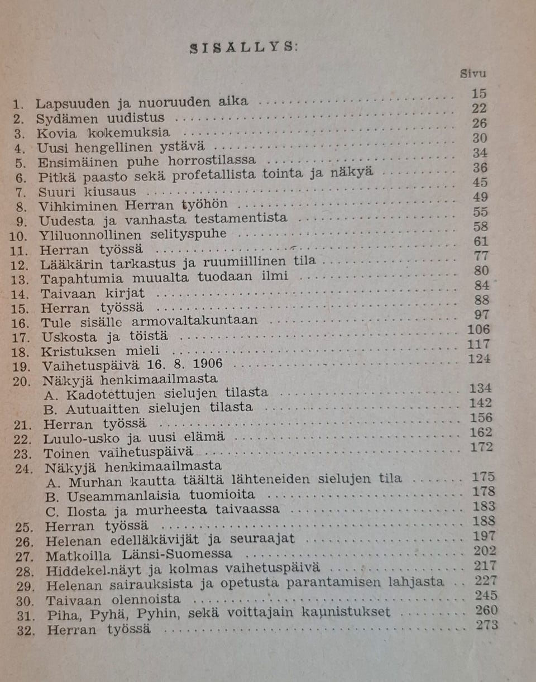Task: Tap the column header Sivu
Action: click(x=473, y=73)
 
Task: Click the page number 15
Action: click(x=478, y=94)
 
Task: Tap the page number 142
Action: click(x=481, y=403)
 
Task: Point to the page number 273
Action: click(x=487, y=625)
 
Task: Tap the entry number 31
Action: click(x=25, y=614)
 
